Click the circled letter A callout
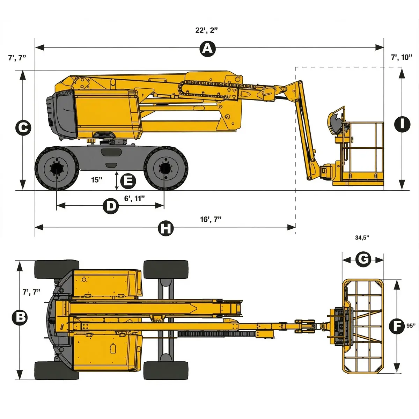tap(208, 49)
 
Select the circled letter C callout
tap(23, 128)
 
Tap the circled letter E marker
tap(128, 181)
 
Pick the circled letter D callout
tap(111, 206)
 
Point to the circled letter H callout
tap(166, 228)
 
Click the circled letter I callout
tap(402, 124)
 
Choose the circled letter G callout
tap(363, 259)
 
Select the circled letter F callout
tap(397, 326)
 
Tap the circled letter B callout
tap(20, 317)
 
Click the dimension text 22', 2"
tap(206, 30)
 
